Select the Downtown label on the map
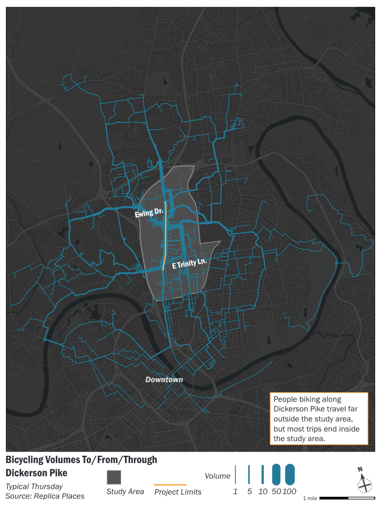[x=164, y=379]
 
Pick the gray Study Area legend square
[x=114, y=477]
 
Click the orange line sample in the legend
[x=170, y=485]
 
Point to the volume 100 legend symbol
[x=290, y=474]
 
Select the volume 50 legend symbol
[x=276, y=474]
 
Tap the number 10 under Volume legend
[x=262, y=492]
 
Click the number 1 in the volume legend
[x=235, y=492]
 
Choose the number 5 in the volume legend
[x=249, y=492]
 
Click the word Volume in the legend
[x=217, y=476]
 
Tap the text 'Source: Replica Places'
[x=45, y=495]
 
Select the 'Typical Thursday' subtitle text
[x=34, y=486]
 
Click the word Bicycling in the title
[x=26, y=460]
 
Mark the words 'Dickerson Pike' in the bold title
[x=37, y=472]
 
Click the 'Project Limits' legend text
[x=178, y=492]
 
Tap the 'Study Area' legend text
[x=125, y=492]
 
